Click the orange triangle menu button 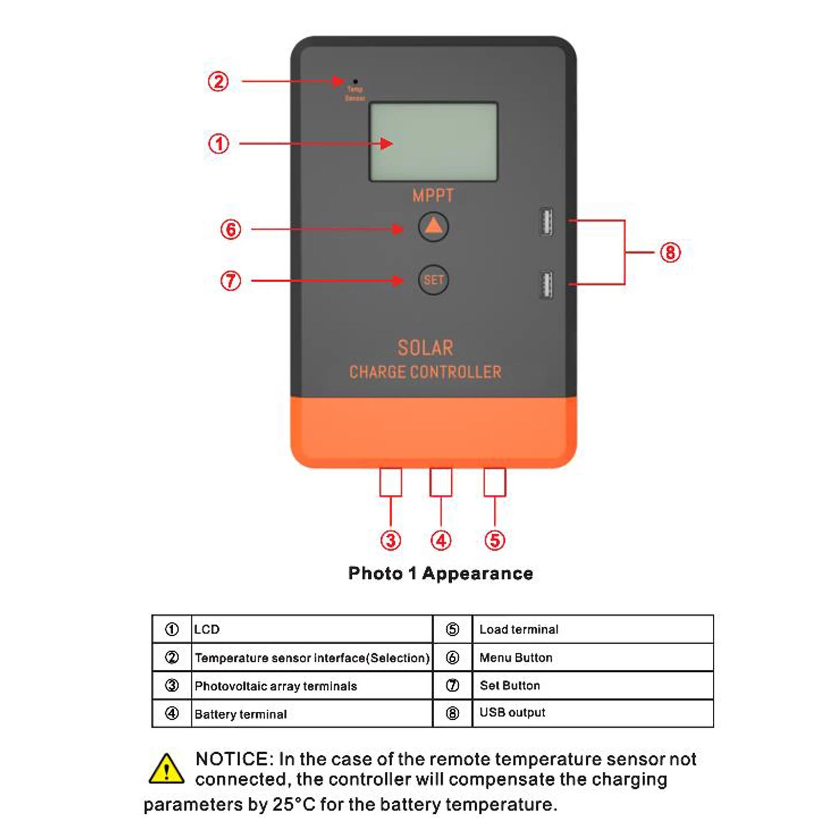433,227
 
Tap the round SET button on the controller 433,280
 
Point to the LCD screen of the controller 433,142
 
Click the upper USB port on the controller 546,222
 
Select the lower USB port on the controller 546,285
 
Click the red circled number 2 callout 218,81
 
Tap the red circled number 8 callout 670,253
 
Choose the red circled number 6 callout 231,229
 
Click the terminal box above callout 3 391,482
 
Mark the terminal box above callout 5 494,482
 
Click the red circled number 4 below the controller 441,541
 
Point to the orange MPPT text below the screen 433,196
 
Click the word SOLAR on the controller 425,348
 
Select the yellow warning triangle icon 166,769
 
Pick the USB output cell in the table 512,712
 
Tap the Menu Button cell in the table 516,658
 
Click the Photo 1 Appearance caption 440,573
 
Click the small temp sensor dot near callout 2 355,81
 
